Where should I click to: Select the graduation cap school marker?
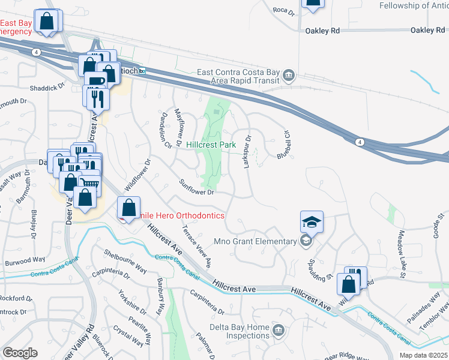coord(312,223)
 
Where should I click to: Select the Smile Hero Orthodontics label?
coord(180,215)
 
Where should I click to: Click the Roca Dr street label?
coord(283,10)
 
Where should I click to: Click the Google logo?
coord(20,353)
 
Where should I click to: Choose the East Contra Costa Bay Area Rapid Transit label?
coord(239,76)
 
